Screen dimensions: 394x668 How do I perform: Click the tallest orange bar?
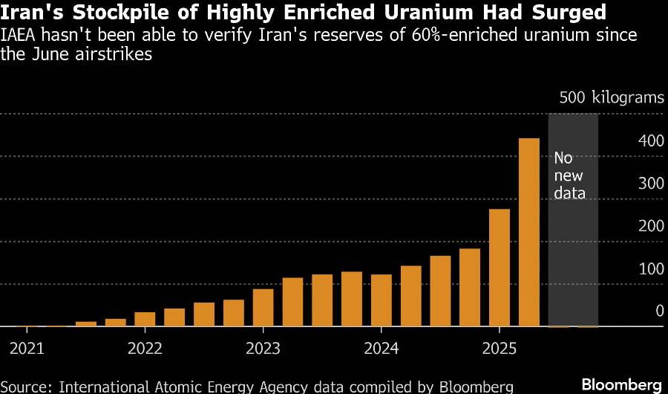coord(528,232)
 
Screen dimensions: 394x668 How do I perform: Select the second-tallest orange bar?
coord(500,268)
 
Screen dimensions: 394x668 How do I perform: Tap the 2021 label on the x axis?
coord(27,348)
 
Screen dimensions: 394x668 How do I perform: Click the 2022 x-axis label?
coord(145,348)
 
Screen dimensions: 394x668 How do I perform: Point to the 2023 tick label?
coord(263,348)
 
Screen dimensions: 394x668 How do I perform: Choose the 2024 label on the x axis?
coord(381,348)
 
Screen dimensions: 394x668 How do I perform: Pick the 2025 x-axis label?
coord(499,348)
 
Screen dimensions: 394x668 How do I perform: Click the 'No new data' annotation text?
coord(569,175)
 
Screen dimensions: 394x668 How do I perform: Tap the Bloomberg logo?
coord(620,384)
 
